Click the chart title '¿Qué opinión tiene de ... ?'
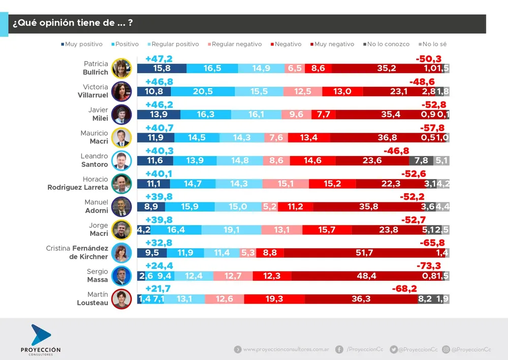coord(73,23)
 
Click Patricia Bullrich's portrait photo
coord(121,68)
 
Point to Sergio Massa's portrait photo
coord(121,276)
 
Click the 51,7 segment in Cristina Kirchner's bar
coord(366,253)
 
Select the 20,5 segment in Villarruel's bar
coord(203,92)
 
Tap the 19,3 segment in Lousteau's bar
coord(274,299)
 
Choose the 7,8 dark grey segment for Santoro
coord(421,161)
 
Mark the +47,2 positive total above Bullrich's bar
coord(159,59)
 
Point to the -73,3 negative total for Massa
coord(428,266)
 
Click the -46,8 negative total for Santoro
coord(396,151)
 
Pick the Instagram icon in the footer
coord(446,349)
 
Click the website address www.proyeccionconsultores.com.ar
coord(286,349)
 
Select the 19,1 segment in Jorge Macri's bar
coord(232,230)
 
